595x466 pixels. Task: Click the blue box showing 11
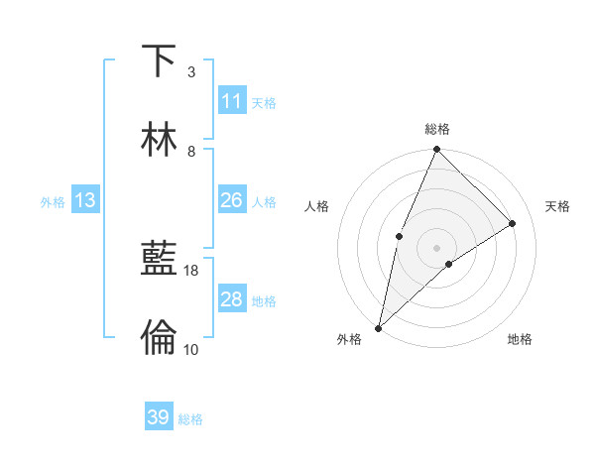(x=231, y=101)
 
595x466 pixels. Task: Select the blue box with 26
(x=231, y=200)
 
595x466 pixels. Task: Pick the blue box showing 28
(x=231, y=299)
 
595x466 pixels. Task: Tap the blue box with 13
(x=85, y=200)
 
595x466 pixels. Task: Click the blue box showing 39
(x=159, y=417)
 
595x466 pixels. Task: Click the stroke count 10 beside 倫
(x=191, y=349)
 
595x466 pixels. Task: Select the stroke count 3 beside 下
(x=191, y=72)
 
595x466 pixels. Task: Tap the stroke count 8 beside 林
(x=191, y=152)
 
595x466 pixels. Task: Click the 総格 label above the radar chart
(x=437, y=129)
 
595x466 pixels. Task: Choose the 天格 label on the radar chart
(x=557, y=206)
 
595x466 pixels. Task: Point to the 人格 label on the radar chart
(x=317, y=206)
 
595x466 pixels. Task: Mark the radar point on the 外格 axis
(x=378, y=328)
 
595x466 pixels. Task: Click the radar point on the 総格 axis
(x=437, y=151)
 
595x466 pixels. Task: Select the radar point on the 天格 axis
(x=513, y=223)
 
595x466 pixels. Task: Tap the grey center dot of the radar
(x=437, y=247)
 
